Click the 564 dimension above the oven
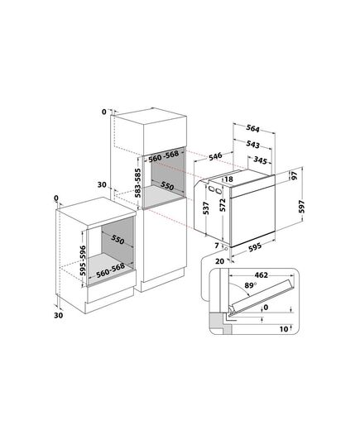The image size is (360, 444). point(253,129)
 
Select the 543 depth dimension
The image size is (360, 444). point(253,145)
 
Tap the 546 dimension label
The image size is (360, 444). point(215,156)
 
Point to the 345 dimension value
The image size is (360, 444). point(260,160)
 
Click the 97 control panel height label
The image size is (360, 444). point(295,175)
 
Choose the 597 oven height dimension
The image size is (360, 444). point(301,207)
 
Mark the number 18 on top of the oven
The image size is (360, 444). point(228,179)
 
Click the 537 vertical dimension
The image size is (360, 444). point(206,208)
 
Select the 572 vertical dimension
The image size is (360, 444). point(223,205)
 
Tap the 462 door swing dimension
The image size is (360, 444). point(261,275)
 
